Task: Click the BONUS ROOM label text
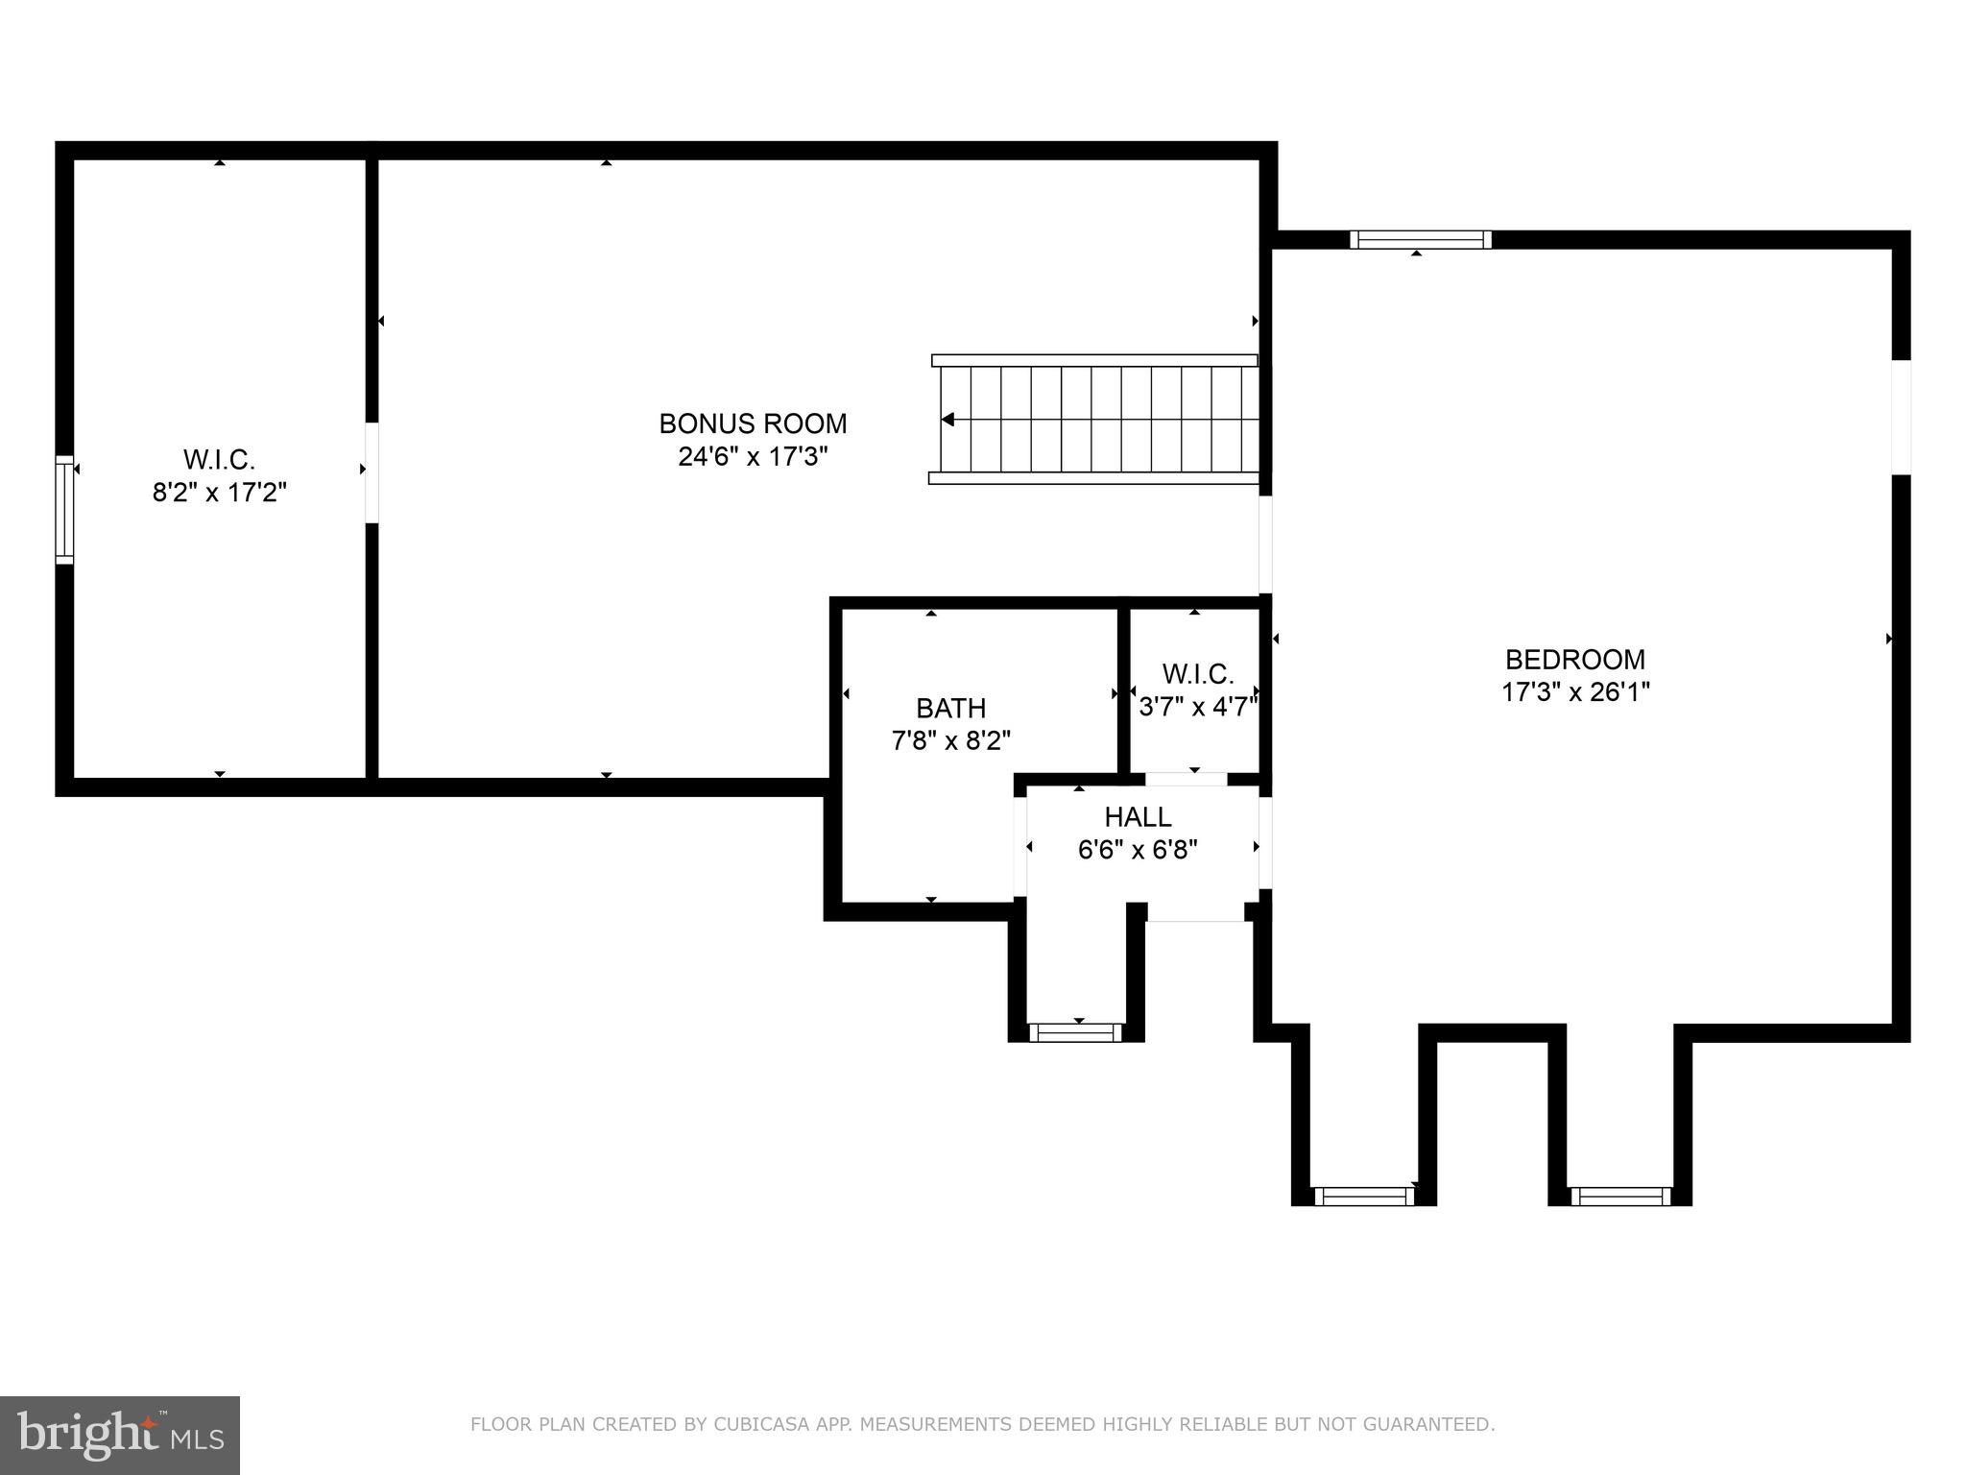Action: point(753,423)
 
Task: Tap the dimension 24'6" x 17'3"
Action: point(753,456)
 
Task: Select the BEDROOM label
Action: point(1574,660)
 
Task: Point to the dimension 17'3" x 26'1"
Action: point(1574,692)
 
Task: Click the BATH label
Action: point(950,709)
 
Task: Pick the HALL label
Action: point(1138,817)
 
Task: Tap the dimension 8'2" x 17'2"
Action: point(220,493)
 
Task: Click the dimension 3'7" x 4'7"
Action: point(1197,707)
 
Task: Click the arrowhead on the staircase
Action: point(947,420)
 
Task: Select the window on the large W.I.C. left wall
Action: point(64,510)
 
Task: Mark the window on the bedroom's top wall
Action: point(1420,239)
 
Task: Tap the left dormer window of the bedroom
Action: point(1363,1196)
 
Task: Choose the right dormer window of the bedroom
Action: point(1620,1196)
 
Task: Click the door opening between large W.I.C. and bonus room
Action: point(372,472)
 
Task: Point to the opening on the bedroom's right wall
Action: point(1901,417)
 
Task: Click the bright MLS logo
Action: point(119,1435)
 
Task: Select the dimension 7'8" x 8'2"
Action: point(950,741)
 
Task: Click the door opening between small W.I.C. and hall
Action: point(1187,779)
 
